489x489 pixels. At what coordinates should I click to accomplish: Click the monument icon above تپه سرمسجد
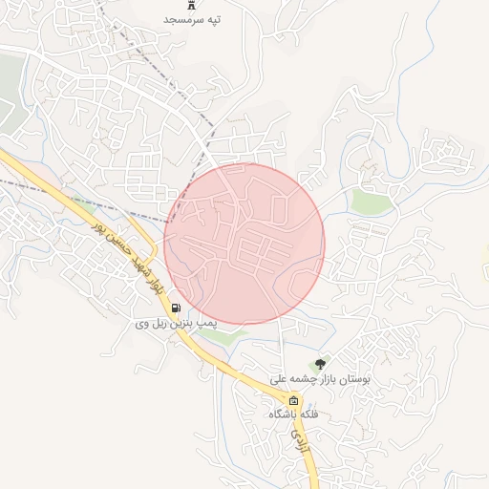click(192, 4)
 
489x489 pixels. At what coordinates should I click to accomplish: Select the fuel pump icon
click(177, 308)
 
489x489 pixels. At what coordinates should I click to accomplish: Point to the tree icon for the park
click(320, 363)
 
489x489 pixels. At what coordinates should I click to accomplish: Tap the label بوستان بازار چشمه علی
click(319, 378)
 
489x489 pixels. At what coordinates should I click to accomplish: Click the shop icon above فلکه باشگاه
click(293, 400)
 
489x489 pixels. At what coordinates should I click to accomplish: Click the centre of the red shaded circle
click(244, 244)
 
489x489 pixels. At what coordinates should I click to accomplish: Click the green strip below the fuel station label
click(224, 336)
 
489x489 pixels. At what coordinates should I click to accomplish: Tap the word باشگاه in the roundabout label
click(284, 415)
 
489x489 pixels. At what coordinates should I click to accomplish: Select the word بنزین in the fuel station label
click(180, 324)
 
